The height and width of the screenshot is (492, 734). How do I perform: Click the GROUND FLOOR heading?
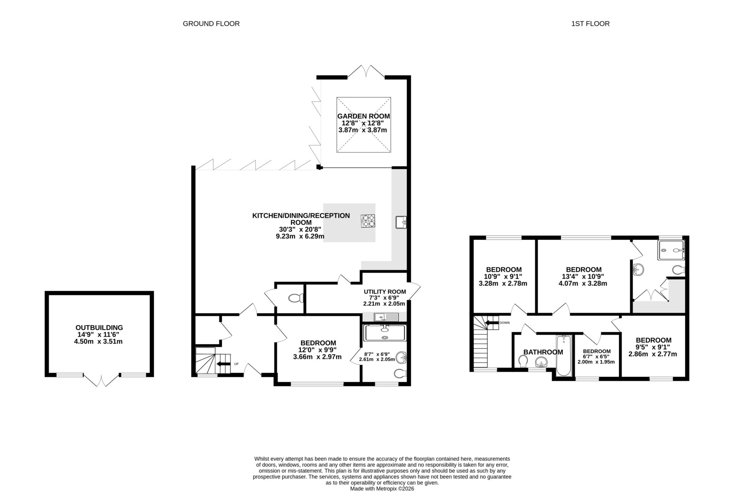(211, 24)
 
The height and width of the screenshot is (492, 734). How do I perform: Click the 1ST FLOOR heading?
(590, 24)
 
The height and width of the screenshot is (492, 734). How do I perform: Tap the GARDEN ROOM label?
(363, 116)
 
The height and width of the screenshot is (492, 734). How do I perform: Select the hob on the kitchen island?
(368, 221)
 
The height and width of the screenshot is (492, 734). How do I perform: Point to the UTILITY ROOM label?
(385, 292)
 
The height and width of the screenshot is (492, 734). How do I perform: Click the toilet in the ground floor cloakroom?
(296, 298)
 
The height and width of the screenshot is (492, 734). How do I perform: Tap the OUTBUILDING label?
(99, 327)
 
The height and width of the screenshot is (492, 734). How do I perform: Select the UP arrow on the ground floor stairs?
(223, 364)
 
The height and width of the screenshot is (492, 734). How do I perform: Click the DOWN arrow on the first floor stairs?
(492, 323)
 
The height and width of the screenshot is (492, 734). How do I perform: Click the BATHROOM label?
(543, 352)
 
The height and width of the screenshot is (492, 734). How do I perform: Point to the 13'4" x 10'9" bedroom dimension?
(583, 277)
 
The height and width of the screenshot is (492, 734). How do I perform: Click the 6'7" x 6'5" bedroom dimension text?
(596, 357)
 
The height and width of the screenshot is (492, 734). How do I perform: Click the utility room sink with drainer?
(386, 317)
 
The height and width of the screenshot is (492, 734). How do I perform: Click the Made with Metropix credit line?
(382, 489)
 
